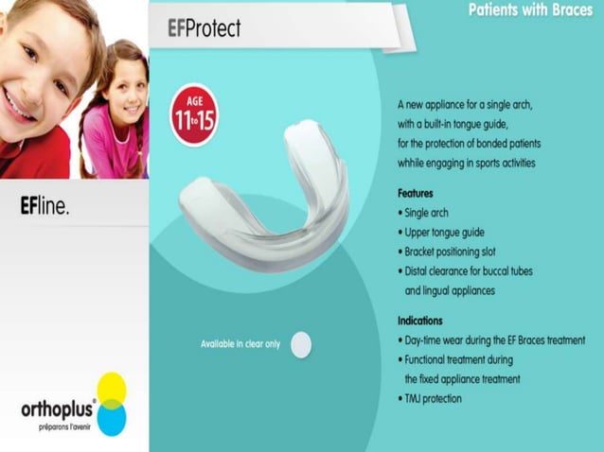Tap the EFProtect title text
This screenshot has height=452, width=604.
tap(204, 28)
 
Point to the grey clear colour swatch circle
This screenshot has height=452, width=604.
tap(301, 344)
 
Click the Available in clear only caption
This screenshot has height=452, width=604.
tap(240, 344)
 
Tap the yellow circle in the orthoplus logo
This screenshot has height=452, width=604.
tap(112, 388)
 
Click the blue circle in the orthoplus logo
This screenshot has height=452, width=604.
tap(112, 417)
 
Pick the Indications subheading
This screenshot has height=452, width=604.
tap(420, 321)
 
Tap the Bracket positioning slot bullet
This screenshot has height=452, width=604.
tap(457, 251)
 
